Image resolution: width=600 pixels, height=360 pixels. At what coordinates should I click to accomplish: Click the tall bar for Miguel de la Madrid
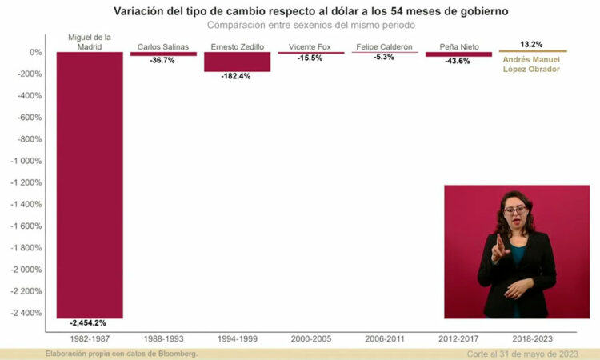click(90, 184)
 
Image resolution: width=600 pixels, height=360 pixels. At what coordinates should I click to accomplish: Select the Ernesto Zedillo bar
click(237, 62)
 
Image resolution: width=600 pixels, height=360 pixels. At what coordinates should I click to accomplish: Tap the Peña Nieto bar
click(458, 54)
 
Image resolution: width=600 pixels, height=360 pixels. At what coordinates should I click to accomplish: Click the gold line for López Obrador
click(532, 51)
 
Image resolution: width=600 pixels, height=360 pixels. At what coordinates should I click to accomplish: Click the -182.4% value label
click(237, 76)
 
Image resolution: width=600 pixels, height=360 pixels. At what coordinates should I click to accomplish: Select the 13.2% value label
click(531, 44)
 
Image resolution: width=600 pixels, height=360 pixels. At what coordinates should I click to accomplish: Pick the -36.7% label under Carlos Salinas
click(163, 61)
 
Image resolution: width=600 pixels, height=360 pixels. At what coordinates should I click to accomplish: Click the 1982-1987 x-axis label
click(90, 339)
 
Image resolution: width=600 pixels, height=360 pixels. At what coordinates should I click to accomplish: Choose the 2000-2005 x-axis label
click(310, 339)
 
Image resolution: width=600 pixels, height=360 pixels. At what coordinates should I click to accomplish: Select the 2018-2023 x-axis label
click(532, 339)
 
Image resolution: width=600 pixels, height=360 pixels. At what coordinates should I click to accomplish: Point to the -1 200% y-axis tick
click(26, 182)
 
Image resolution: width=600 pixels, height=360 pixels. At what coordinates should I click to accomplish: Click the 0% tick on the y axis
click(35, 52)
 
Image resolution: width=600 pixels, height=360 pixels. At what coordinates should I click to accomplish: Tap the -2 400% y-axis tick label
click(26, 313)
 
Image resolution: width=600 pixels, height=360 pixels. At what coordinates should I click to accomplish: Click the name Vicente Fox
click(310, 46)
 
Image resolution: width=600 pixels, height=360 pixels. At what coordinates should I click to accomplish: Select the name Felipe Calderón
click(385, 46)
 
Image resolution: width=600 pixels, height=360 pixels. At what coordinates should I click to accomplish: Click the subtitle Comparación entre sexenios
click(310, 25)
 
